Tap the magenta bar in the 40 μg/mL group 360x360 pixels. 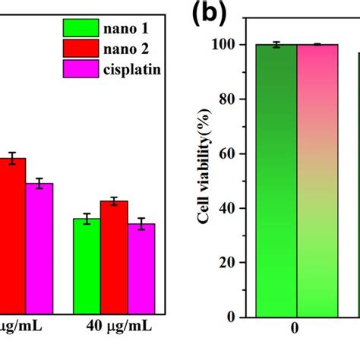[141, 270]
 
